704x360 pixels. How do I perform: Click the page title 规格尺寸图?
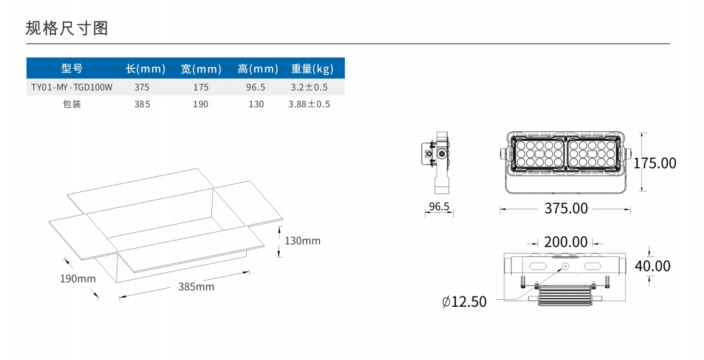(x=67, y=28)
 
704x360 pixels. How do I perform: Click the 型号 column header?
(x=72, y=68)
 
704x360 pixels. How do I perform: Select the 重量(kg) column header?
(x=312, y=68)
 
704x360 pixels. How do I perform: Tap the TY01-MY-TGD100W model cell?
(x=72, y=87)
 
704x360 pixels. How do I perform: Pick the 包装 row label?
(x=72, y=104)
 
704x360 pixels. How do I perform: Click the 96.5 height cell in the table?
(x=256, y=87)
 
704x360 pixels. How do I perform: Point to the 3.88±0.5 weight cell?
(x=309, y=104)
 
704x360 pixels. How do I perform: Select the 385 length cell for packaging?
(x=142, y=104)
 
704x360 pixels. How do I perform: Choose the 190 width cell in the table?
(x=201, y=104)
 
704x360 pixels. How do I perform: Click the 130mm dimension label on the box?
(x=303, y=241)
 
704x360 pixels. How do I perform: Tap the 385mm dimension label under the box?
(x=196, y=287)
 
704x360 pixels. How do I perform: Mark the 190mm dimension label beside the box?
(x=77, y=278)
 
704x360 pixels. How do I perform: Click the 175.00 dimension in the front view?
(x=655, y=163)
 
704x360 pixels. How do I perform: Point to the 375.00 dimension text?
(x=566, y=208)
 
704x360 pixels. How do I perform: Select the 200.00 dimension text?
(x=566, y=242)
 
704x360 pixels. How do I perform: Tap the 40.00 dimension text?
(x=652, y=266)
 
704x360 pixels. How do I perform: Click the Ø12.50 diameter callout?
(x=464, y=302)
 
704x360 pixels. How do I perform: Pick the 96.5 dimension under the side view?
(x=439, y=207)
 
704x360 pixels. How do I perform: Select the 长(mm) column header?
(x=146, y=68)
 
